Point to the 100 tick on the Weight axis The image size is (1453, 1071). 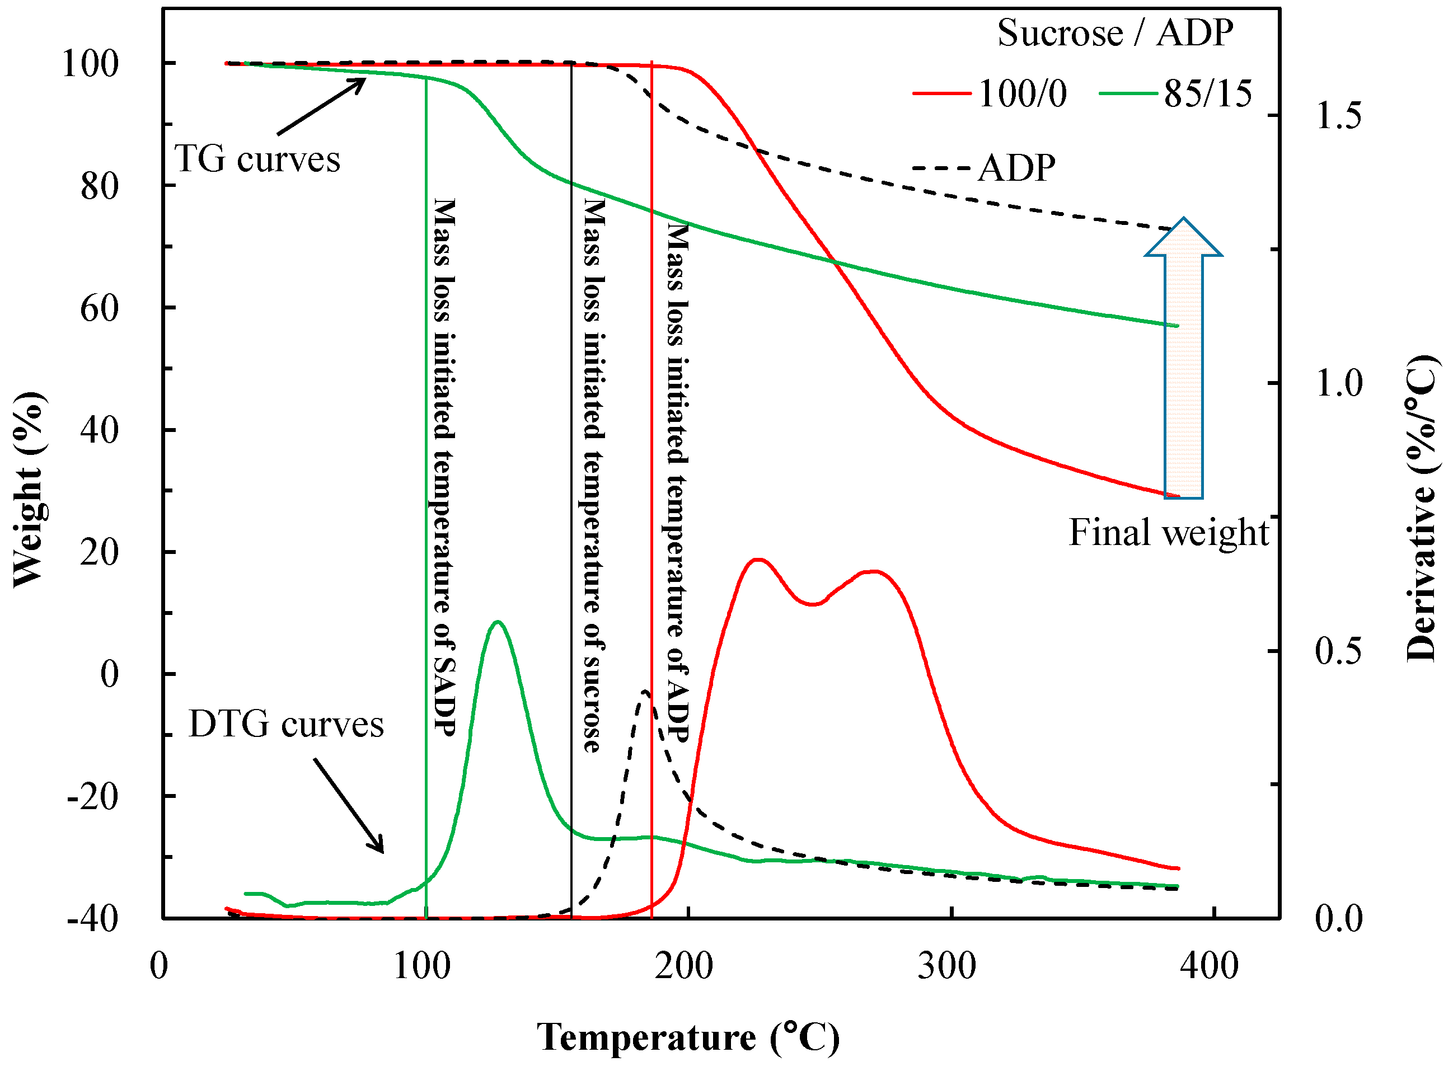90,64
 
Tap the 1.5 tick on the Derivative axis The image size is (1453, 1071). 1338,116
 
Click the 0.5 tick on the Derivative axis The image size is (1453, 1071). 1338,651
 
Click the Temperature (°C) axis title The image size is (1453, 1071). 687,1037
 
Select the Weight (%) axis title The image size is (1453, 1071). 29,490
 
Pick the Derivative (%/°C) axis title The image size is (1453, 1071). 1421,509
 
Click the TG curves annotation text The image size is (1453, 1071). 257,159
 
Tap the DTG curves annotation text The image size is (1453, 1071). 286,724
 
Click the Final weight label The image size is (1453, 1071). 1168,532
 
